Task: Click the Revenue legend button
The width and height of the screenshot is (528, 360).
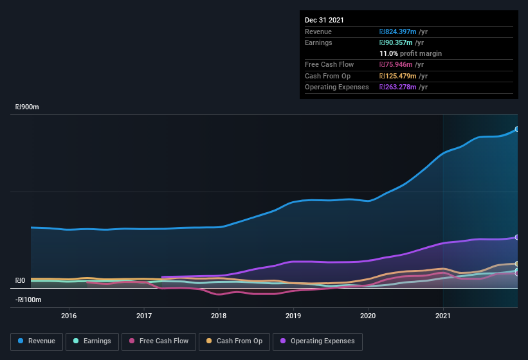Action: (x=37, y=341)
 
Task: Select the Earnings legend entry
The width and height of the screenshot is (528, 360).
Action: (x=93, y=341)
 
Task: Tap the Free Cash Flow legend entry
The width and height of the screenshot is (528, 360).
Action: (x=159, y=341)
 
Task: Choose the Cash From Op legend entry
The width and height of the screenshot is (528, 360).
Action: (x=234, y=341)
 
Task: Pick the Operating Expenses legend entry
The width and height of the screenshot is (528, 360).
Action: (x=317, y=341)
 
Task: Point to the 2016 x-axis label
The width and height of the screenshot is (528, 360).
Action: (x=69, y=316)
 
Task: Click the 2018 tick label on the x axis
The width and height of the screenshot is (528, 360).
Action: (x=219, y=316)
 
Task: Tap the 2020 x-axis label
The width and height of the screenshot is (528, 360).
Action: (x=368, y=316)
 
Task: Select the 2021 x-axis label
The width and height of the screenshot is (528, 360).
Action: (x=443, y=316)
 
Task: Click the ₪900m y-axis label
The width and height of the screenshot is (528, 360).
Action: (x=28, y=107)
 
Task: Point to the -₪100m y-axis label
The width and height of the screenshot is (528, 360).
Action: (x=28, y=300)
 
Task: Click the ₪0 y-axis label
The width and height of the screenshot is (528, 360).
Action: (x=20, y=280)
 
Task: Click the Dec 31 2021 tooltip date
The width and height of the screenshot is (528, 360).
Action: (x=324, y=20)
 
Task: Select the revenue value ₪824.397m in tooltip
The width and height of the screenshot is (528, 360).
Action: (x=403, y=32)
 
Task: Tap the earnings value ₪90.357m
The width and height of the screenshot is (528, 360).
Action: (x=401, y=42)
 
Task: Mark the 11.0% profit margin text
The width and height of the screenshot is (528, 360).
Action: (x=410, y=53)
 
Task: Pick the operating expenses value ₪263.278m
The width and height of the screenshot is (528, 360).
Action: (x=403, y=87)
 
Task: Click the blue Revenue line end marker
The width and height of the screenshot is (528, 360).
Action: (x=516, y=129)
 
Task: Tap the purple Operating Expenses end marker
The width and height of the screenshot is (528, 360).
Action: (x=516, y=237)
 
